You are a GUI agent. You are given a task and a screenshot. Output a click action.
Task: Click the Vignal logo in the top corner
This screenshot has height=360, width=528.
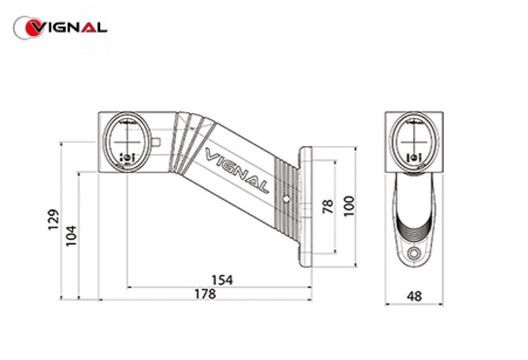click(x=60, y=28)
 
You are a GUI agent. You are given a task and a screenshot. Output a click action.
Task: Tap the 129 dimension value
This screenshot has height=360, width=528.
click(x=54, y=220)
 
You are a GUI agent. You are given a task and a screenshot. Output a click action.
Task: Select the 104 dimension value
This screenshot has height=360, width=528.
click(x=71, y=236)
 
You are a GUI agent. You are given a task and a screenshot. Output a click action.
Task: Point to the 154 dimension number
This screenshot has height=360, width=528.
click(x=222, y=280)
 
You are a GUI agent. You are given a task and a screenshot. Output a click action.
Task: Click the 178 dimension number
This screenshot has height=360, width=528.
click(x=205, y=294)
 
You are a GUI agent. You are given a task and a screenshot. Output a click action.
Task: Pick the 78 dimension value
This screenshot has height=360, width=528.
click(x=328, y=206)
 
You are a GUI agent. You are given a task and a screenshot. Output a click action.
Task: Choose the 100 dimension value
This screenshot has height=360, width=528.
click(x=349, y=206)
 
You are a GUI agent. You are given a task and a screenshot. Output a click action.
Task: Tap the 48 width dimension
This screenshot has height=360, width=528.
click(x=414, y=296)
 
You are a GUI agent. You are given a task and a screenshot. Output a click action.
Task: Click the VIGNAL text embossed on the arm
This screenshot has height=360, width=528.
click(x=237, y=170)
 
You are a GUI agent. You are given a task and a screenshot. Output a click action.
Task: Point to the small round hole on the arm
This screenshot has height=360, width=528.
click(x=286, y=199)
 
